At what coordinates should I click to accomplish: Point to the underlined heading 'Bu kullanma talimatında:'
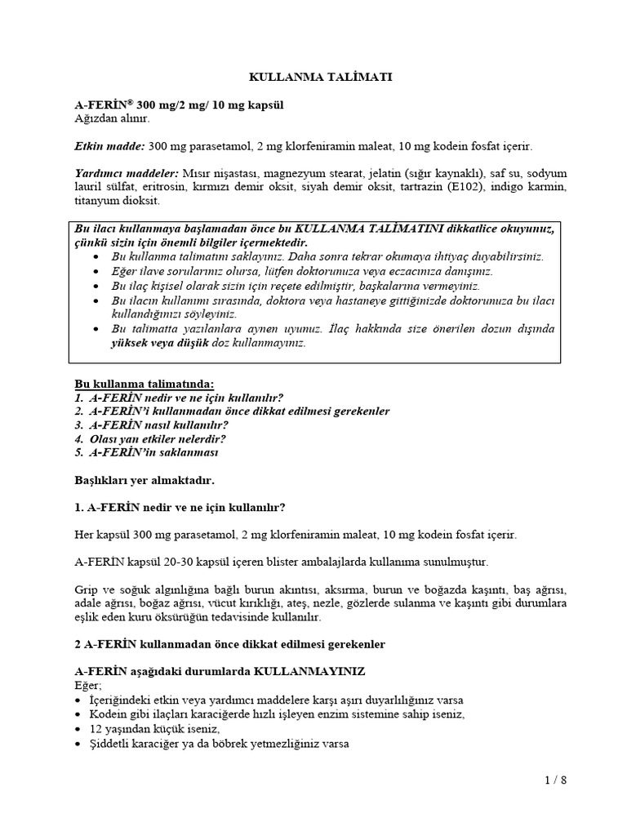click(x=145, y=383)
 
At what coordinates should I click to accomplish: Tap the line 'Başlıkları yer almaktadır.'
click(x=145, y=480)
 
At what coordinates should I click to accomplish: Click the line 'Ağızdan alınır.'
click(x=113, y=118)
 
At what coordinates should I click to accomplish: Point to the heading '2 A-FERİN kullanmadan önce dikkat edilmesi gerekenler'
click(x=229, y=644)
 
